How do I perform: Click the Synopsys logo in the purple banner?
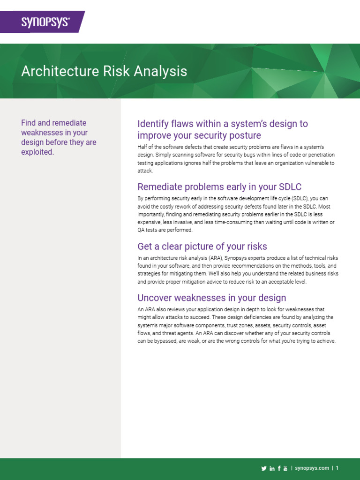point(45,22)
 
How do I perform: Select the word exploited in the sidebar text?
point(37,152)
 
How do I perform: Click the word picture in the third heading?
point(193,246)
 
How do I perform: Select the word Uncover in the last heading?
point(155,298)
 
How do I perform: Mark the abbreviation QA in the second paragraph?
point(142,230)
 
